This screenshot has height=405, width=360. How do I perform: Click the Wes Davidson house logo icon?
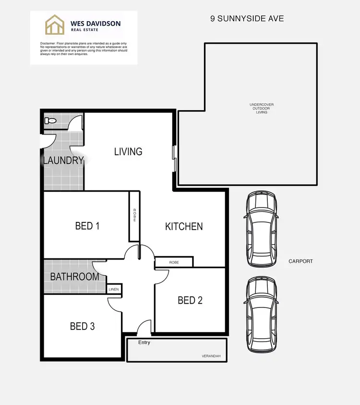tap(55, 25)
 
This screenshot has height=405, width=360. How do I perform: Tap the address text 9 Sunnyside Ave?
tap(247, 19)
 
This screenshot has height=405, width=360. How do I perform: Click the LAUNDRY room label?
tap(63, 160)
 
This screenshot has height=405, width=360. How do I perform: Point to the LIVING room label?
tap(128, 151)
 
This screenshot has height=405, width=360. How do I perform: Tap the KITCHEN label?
tap(184, 226)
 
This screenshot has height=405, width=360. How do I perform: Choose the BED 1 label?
tap(87, 225)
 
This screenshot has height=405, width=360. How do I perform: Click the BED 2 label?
tap(190, 300)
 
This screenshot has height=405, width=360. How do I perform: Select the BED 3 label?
tap(82, 326)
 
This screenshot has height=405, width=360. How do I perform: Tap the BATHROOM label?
tap(74, 277)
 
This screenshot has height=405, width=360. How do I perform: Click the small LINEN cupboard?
tap(114, 289)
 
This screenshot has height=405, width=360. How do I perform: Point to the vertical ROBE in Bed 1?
tap(134, 216)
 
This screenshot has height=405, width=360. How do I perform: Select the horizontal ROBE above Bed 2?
tap(174, 262)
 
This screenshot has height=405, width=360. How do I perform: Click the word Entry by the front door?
tap(144, 343)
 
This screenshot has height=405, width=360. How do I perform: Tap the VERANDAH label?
tap(211, 356)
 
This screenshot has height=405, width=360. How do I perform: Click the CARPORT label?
tap(300, 261)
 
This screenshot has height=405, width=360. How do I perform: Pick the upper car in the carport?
tap(261, 229)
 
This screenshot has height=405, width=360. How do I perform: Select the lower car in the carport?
tap(261, 316)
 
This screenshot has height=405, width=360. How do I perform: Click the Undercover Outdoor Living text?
tap(262, 109)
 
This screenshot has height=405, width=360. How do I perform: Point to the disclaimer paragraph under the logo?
tap(84, 49)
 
